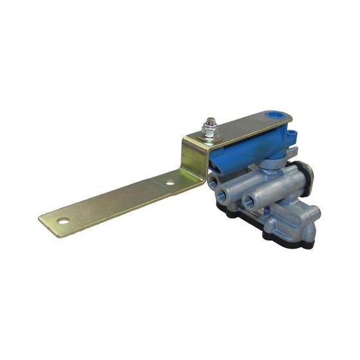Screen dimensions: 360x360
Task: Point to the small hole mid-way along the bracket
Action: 170,183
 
